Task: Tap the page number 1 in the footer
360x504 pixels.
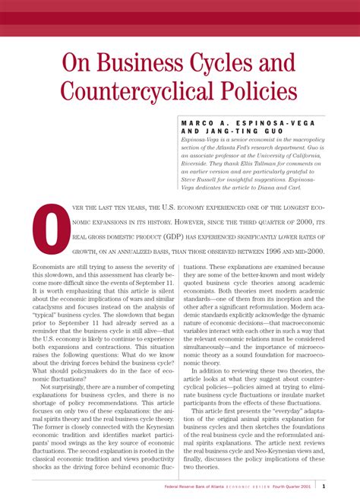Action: (x=324, y=487)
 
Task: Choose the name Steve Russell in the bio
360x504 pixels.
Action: (x=202, y=180)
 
